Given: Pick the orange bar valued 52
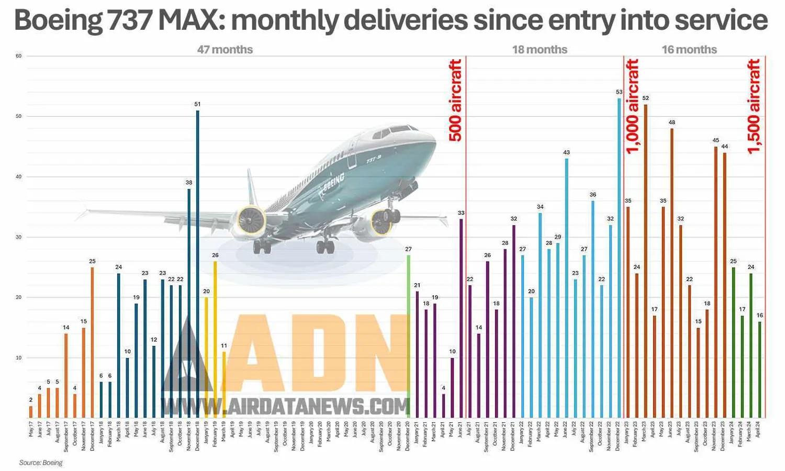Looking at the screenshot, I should (x=645, y=261).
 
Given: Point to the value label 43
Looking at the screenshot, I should (x=566, y=153).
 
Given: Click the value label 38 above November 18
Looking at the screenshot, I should (x=189, y=183).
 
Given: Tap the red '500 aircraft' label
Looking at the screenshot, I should (x=456, y=100).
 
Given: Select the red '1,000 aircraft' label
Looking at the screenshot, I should (x=632, y=106).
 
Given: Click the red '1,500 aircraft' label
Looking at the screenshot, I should (x=754, y=106).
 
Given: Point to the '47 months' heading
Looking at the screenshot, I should (x=225, y=50).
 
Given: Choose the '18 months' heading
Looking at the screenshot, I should (x=540, y=50).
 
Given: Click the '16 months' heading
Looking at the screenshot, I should (x=689, y=50).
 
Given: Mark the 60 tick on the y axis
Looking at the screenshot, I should (x=19, y=56).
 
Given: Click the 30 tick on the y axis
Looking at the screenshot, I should (x=19, y=237).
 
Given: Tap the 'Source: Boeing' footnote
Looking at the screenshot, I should (x=41, y=463).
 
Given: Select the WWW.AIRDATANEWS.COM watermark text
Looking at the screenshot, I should (x=286, y=406).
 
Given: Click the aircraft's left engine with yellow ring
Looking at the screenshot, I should (x=251, y=220).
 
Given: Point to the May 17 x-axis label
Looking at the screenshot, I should (x=31, y=429).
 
